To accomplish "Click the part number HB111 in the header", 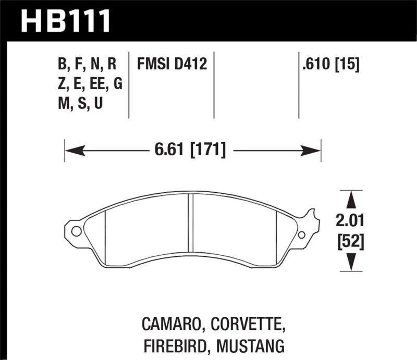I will click(66, 21).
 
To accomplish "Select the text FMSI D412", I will click(172, 65).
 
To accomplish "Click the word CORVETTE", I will click(248, 326).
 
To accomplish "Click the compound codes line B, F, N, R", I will click(87, 65).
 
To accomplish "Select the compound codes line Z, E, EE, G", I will click(90, 84).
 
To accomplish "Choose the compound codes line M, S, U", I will click(81, 103).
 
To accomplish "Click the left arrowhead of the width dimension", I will click(73, 152).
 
